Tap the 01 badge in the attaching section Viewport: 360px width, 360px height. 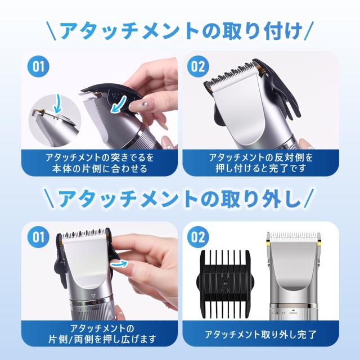(38, 66)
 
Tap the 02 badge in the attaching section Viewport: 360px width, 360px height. (197, 66)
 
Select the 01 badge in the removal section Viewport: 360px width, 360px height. (38, 237)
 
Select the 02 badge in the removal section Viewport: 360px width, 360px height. (197, 237)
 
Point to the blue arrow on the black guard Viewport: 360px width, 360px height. (118, 105)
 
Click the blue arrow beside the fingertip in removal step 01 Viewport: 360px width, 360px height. (119, 264)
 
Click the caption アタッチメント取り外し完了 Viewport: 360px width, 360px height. (261, 335)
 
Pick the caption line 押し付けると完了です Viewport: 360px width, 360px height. (261, 168)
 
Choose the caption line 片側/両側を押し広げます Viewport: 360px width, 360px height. (102, 339)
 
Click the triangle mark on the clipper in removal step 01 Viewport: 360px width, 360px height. (93, 296)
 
